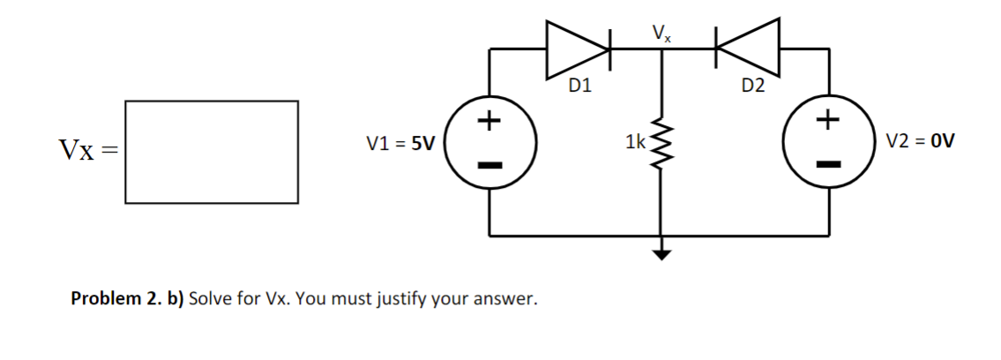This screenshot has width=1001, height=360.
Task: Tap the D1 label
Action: tap(579, 86)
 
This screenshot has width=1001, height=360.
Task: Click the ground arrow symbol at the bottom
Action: tap(661, 255)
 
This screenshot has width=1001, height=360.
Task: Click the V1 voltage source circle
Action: tap(489, 143)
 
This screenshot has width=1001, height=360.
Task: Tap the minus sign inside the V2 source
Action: tap(827, 163)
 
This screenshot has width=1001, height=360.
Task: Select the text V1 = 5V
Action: tap(400, 143)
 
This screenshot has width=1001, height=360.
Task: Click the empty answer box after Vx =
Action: tap(211, 152)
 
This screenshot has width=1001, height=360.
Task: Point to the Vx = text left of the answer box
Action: tap(88, 151)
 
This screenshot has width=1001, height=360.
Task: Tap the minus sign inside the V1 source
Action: tap(489, 165)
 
